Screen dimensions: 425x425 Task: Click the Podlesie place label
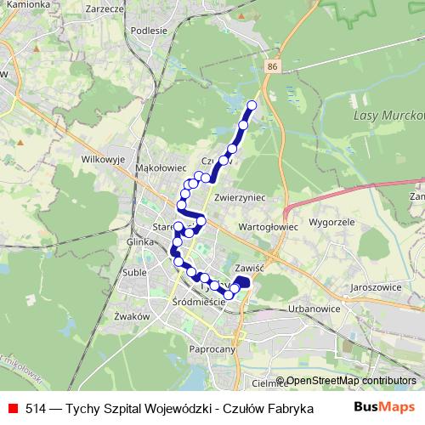pos(150,30)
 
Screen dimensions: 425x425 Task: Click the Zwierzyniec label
pos(241,196)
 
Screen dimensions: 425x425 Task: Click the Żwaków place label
pos(131,315)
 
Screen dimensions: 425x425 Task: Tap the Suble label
pos(133,273)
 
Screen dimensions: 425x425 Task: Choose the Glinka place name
pos(139,241)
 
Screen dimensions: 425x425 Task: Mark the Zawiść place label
pos(254,266)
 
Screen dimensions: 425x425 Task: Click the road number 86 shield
pos(271,66)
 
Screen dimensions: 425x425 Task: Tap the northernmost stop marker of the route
pos(252,105)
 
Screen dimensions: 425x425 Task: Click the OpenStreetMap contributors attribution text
pos(351,382)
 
